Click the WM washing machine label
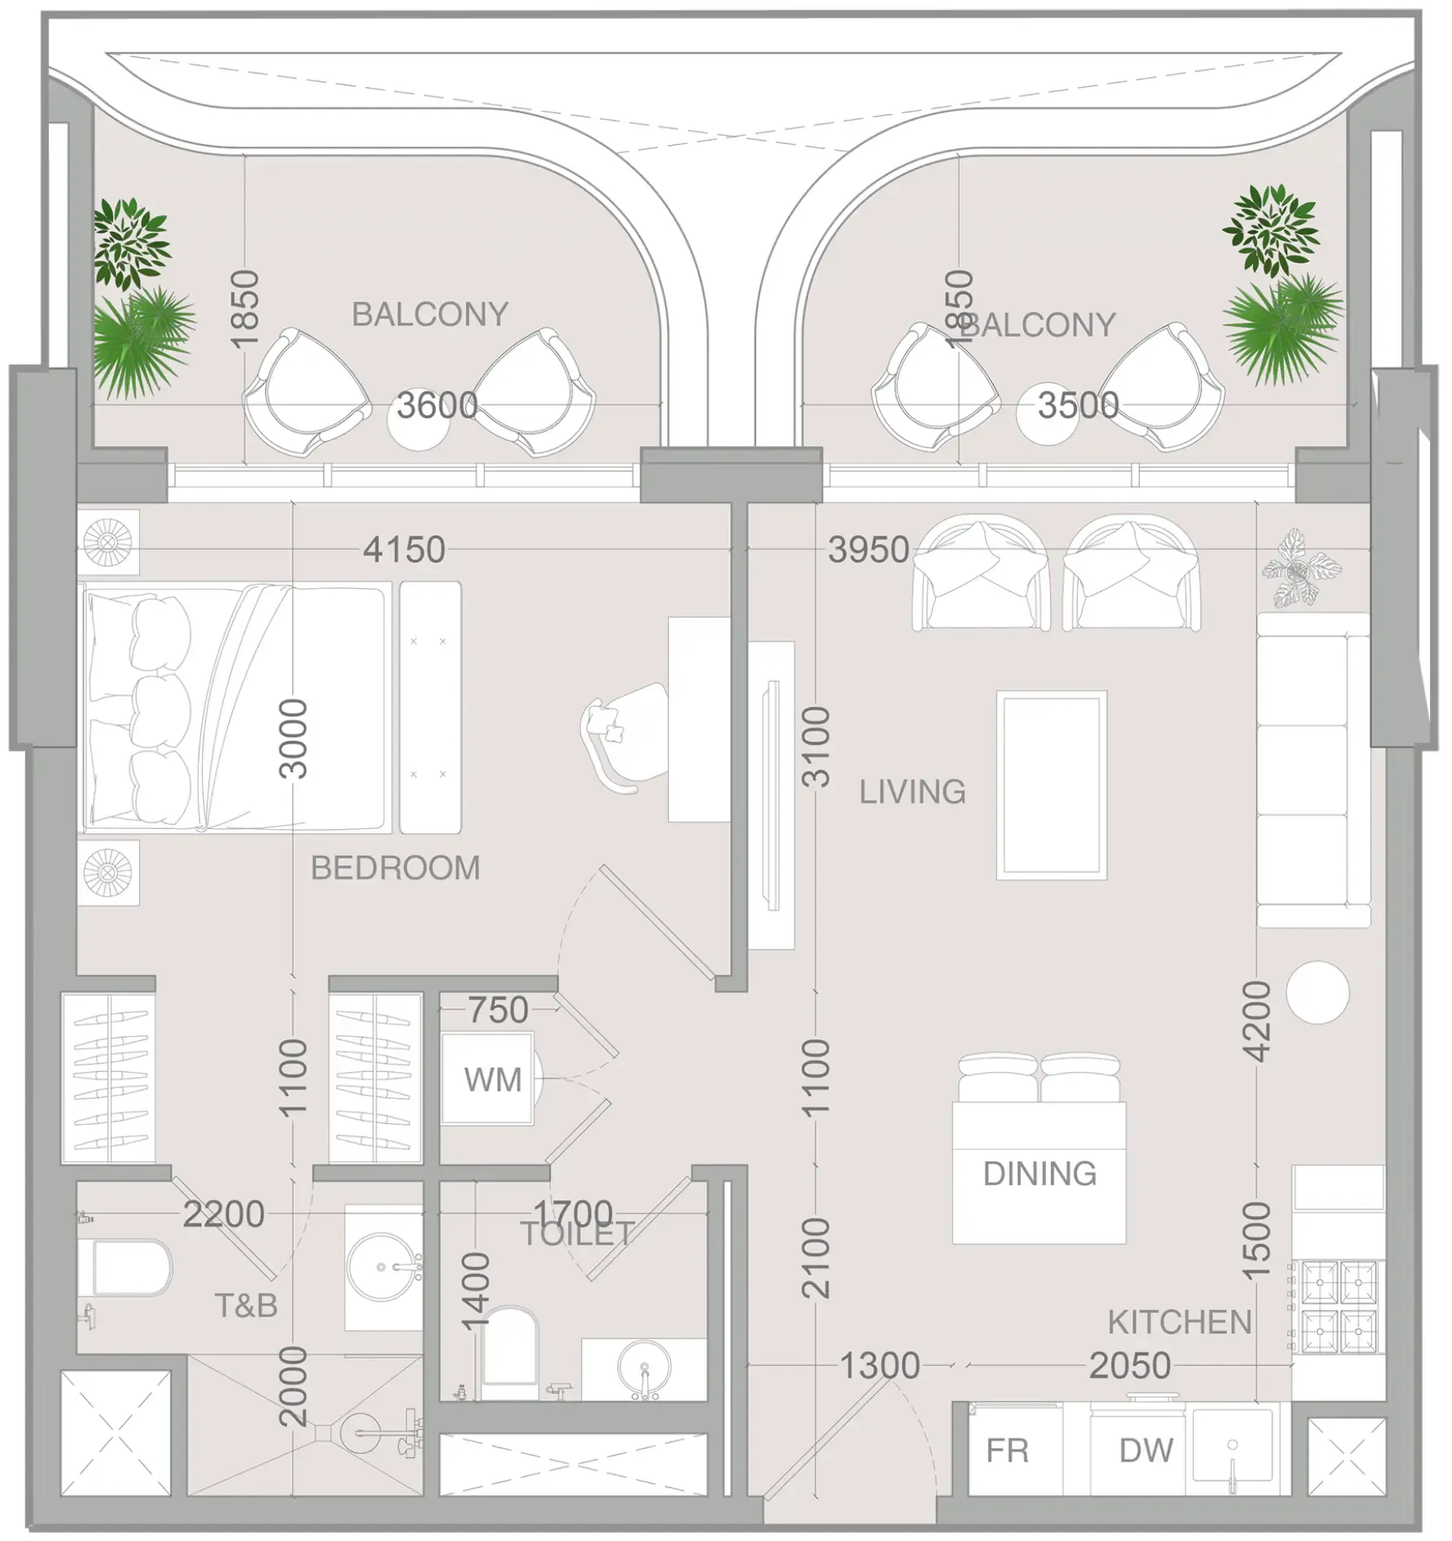[x=492, y=1080]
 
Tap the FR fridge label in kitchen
[x=1007, y=1451]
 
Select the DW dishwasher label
[x=1146, y=1451]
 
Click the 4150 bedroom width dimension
[x=404, y=550]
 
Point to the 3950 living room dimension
[x=869, y=550]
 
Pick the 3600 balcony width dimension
[x=438, y=406]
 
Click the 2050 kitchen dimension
[x=1130, y=1366]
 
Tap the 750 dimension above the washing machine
[x=498, y=1010]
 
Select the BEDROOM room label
[x=395, y=868]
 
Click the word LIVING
[x=913, y=792]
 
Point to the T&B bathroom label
[x=246, y=1306]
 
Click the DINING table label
[x=1040, y=1174]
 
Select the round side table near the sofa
[x=1318, y=993]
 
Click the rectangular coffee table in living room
[x=1051, y=785]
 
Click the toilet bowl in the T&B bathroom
[x=130, y=1267]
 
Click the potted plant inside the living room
[x=1300, y=568]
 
